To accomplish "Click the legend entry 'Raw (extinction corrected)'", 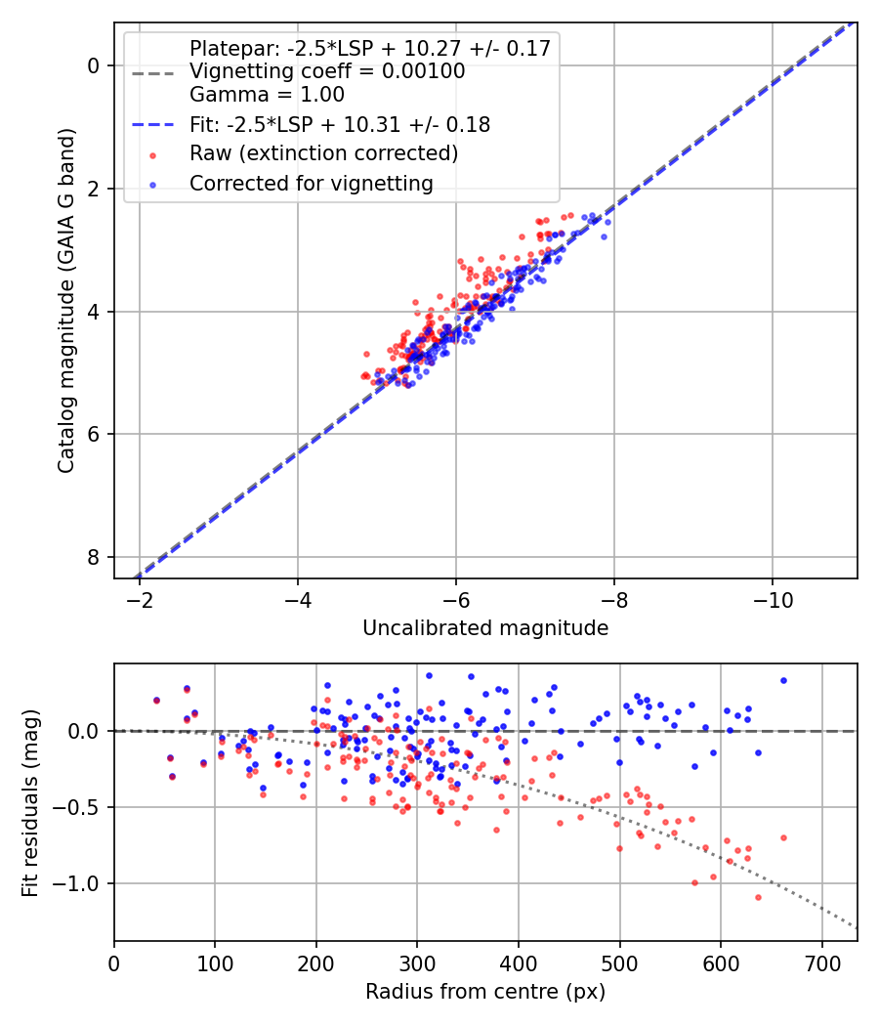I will pos(323,153).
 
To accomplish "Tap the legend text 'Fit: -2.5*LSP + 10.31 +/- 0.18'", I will pos(339,125).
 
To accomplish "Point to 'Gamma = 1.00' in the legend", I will pos(267,95).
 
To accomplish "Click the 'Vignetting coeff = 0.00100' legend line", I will pos(327,71).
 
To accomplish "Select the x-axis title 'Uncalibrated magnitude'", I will pos(485,628).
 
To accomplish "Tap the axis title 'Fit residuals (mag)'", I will pos(30,802).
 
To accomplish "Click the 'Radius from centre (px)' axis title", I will pos(485,992).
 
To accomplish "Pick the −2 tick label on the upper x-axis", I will pos(139,597).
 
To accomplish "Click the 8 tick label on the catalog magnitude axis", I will pos(94,557).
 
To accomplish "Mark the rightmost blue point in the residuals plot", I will pos(783,680).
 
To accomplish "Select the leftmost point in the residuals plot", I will pos(156,700).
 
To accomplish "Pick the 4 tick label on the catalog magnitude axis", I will pos(94,312).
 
